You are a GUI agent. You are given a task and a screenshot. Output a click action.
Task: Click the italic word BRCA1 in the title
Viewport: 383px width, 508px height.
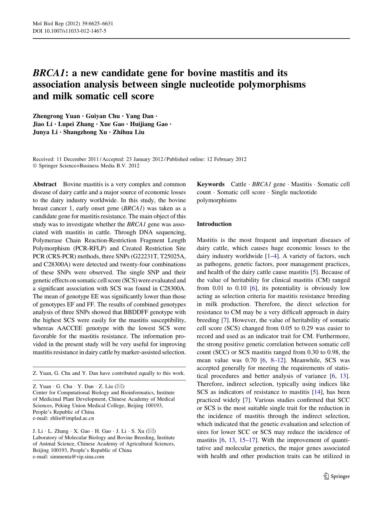click(48, 73)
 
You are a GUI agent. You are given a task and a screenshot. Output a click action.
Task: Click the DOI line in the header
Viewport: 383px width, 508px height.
click(69, 31)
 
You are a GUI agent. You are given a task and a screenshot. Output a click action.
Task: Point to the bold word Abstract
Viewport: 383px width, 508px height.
click(45, 184)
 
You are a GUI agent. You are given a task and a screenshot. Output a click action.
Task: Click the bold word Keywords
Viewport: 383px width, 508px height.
click(210, 184)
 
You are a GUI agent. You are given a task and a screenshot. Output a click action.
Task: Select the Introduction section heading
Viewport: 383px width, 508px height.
click(214, 224)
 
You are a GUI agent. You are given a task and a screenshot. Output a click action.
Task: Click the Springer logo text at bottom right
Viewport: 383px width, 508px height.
click(340, 476)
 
